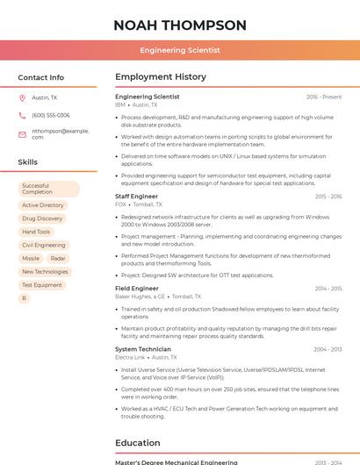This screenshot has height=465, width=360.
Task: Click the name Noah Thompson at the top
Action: click(x=180, y=25)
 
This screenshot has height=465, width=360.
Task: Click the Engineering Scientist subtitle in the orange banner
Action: click(x=180, y=50)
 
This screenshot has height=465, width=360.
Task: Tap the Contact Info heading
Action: click(x=40, y=77)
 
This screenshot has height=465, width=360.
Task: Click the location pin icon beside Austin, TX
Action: click(x=22, y=97)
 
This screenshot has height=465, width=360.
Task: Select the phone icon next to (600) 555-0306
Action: click(x=22, y=115)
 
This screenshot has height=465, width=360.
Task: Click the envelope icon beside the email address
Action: click(x=22, y=134)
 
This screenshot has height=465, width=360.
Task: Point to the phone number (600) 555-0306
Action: click(x=51, y=115)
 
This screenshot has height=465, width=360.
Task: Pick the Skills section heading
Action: click(x=28, y=162)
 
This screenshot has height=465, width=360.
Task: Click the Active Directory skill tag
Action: click(x=43, y=205)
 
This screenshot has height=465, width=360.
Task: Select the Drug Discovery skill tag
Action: click(x=42, y=218)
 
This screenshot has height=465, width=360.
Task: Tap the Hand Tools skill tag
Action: click(x=36, y=232)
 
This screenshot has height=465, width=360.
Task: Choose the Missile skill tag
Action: click(x=31, y=259)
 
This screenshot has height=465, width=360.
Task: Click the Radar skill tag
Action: click(x=58, y=259)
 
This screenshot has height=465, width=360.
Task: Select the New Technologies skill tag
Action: click(x=45, y=272)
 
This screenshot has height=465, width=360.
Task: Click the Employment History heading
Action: click(x=161, y=77)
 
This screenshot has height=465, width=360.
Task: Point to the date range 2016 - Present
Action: click(x=324, y=97)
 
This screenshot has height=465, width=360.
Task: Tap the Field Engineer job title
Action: click(x=137, y=288)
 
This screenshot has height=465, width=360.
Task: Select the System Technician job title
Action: click(x=143, y=349)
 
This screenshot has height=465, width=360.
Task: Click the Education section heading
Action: click(x=138, y=443)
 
